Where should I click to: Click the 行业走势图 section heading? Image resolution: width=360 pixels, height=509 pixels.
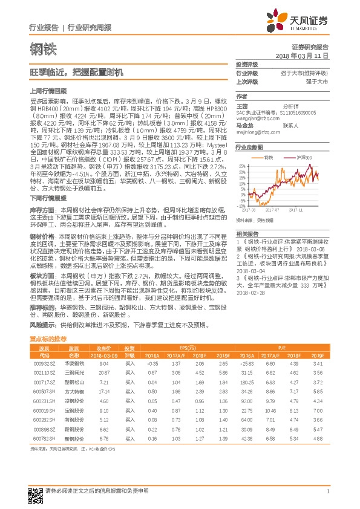pyautogui.click(x=249, y=148)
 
